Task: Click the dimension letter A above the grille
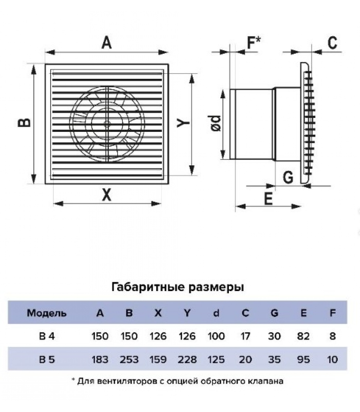coord(107,43)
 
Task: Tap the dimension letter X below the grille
coord(106,195)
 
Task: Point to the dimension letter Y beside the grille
coord(183,123)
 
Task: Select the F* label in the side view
coord(254,43)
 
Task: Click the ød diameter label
coord(216,123)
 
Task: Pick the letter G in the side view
coord(288,177)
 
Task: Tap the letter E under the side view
coord(268,199)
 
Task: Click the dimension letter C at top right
coord(332,43)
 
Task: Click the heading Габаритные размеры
coord(178,287)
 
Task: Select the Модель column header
coord(47,313)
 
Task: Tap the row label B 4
coord(47,336)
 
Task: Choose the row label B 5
coord(47,359)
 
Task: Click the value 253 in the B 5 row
coord(129,359)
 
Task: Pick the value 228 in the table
coord(187,359)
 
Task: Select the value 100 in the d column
coord(216,336)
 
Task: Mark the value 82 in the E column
coord(303,336)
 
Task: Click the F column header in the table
coord(333,313)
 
